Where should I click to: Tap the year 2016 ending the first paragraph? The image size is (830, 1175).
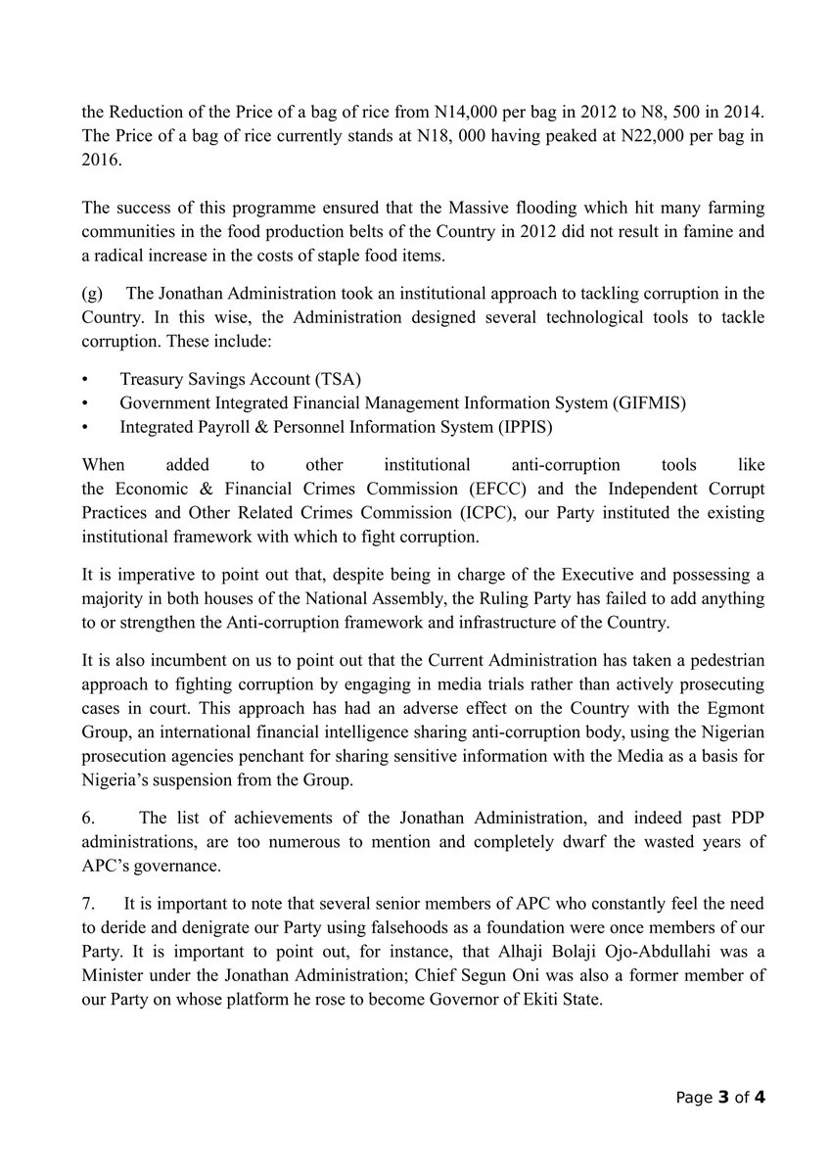100,161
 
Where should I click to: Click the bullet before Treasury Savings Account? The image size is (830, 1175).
85,379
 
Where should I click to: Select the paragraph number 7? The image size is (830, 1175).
88,907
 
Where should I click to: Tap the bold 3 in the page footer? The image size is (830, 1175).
723,1097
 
